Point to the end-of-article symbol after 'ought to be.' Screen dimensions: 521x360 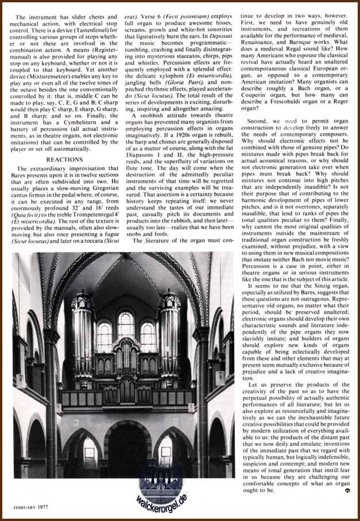(x=347, y=492)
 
